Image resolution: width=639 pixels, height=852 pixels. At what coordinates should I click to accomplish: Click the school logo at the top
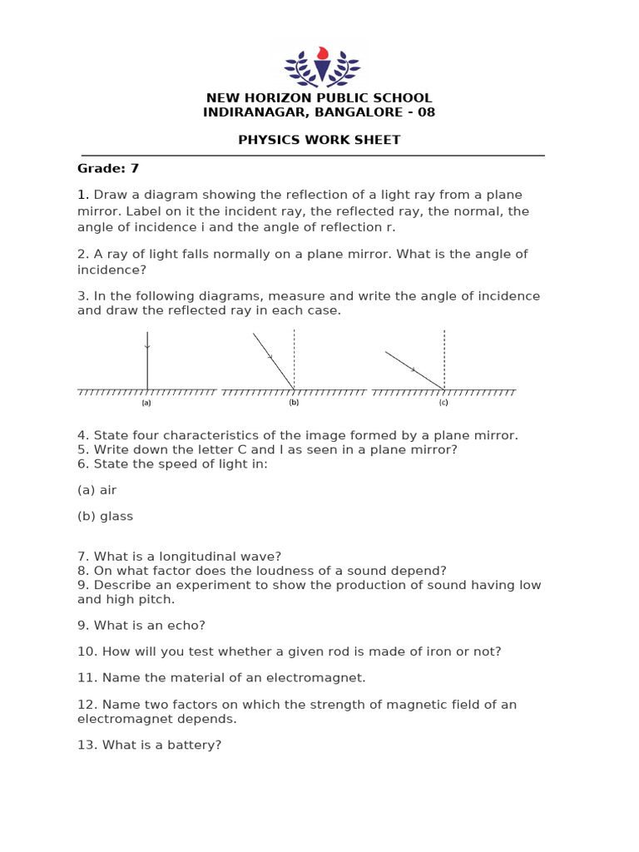(322, 64)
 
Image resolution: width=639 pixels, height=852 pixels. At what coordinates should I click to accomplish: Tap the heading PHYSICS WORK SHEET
(319, 140)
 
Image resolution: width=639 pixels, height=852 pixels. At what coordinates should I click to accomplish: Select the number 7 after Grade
(134, 168)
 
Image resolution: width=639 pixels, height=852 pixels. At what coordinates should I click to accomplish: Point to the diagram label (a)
(146, 403)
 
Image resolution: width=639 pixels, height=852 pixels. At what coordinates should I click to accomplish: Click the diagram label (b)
(294, 403)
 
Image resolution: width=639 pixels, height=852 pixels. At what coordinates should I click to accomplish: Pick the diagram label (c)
(443, 403)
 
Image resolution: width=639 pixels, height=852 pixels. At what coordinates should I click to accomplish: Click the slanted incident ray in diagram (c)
(414, 370)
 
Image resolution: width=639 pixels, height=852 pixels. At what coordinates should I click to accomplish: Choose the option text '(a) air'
(97, 490)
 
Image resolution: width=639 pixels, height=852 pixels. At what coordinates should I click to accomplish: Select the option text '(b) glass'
(106, 516)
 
